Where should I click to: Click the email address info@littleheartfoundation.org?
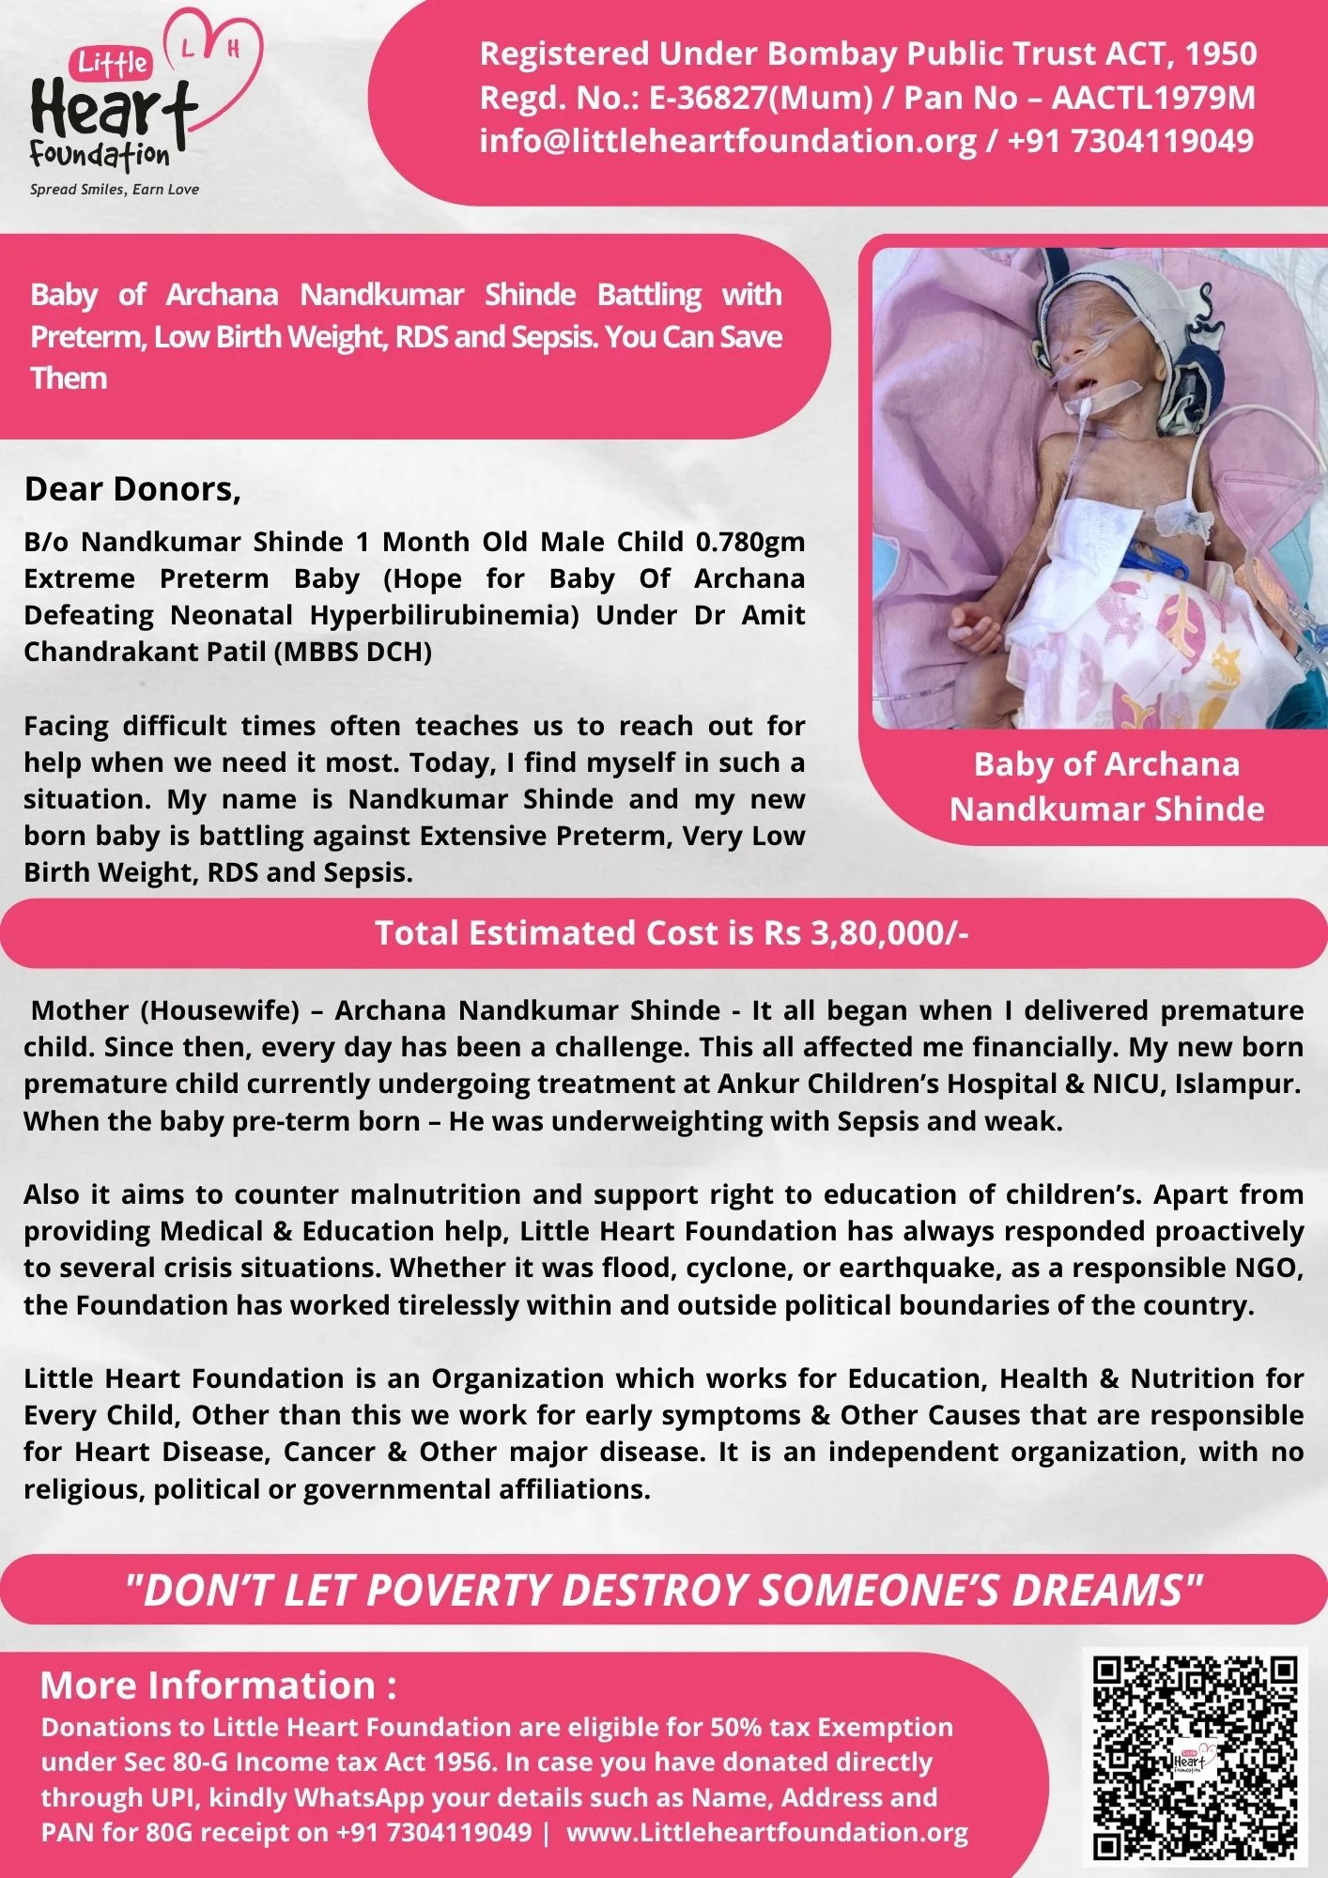(x=728, y=141)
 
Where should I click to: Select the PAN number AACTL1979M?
(x=1153, y=98)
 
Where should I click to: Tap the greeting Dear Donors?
(x=132, y=489)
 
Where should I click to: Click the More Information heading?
(x=218, y=1686)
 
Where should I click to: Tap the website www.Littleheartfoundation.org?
(x=767, y=1832)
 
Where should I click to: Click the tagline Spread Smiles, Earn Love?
(x=115, y=190)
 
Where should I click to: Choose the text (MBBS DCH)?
(x=353, y=652)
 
